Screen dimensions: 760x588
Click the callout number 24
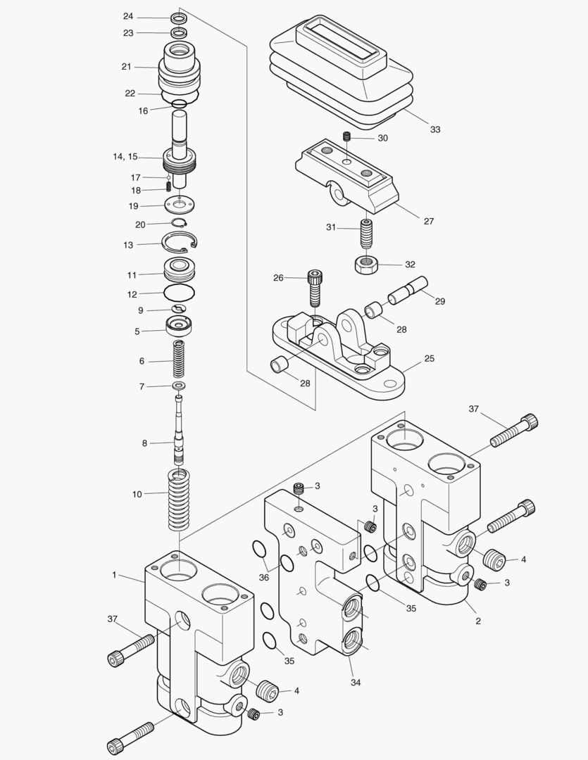[127, 16]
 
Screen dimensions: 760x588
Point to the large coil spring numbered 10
[179, 501]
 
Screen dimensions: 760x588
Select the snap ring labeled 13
[180, 243]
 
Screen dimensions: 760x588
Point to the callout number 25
[430, 358]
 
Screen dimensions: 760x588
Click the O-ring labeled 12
[179, 291]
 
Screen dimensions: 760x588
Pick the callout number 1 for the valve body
[114, 575]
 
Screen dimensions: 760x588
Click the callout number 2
[478, 621]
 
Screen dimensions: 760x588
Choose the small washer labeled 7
[179, 386]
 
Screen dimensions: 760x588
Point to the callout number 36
[264, 578]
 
